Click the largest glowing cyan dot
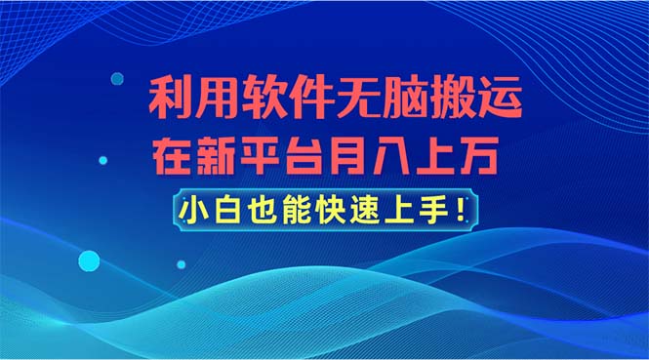pos(89,260)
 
